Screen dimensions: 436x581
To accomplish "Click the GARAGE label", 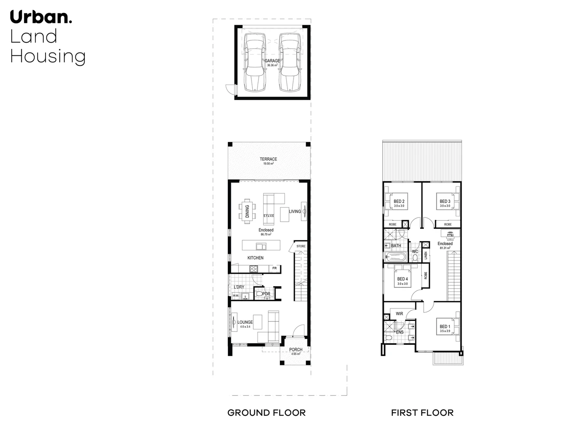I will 273,61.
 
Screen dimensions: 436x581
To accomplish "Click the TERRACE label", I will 269,159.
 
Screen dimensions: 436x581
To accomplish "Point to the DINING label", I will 248,211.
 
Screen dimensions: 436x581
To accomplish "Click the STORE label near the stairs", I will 301,246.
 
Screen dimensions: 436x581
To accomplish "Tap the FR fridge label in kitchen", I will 275,268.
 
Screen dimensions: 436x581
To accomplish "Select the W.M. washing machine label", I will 235,296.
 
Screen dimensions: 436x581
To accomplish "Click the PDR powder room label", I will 266,294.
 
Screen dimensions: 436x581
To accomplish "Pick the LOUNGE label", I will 245,322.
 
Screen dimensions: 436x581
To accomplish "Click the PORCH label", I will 296,350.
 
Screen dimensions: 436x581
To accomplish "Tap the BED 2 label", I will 399,201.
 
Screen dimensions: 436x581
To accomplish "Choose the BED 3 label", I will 445,201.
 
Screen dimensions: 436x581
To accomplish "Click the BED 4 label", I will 402,279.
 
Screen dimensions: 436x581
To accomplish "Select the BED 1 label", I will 445,327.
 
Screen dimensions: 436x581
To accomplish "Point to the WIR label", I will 399,314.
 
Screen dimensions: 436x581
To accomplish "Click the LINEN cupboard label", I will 425,256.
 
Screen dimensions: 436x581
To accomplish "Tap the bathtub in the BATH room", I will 397,256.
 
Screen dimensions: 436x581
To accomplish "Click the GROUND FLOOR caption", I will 267,413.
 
